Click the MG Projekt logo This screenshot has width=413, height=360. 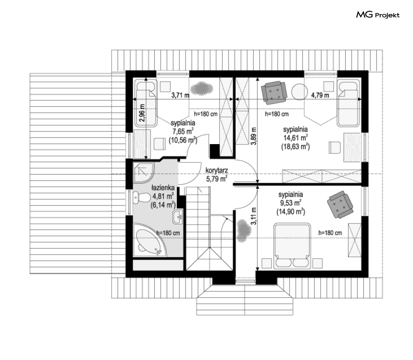pyautogui.click(x=378, y=15)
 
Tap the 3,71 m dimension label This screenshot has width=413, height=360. pyautogui.click(x=181, y=95)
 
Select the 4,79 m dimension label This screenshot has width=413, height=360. pyautogui.click(x=320, y=95)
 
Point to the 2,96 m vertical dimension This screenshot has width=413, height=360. pyautogui.click(x=142, y=113)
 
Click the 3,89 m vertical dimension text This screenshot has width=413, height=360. pyautogui.click(x=253, y=136)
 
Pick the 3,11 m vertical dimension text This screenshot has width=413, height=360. pyautogui.click(x=253, y=216)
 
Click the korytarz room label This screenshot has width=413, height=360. pyautogui.click(x=217, y=170)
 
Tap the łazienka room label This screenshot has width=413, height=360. pyautogui.click(x=163, y=188)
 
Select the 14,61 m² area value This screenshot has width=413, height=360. pyautogui.click(x=296, y=138)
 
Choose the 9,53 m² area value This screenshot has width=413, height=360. pyautogui.click(x=291, y=203)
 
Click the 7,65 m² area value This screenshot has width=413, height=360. pyautogui.click(x=183, y=131)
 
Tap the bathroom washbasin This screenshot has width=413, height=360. pyautogui.click(x=177, y=217)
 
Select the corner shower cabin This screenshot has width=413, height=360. pyautogui.click(x=143, y=173)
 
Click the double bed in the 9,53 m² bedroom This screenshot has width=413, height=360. pyautogui.click(x=292, y=246)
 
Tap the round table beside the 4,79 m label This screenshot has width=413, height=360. pyautogui.click(x=300, y=92)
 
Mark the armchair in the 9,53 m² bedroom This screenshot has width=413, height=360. pyautogui.click(x=340, y=205)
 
